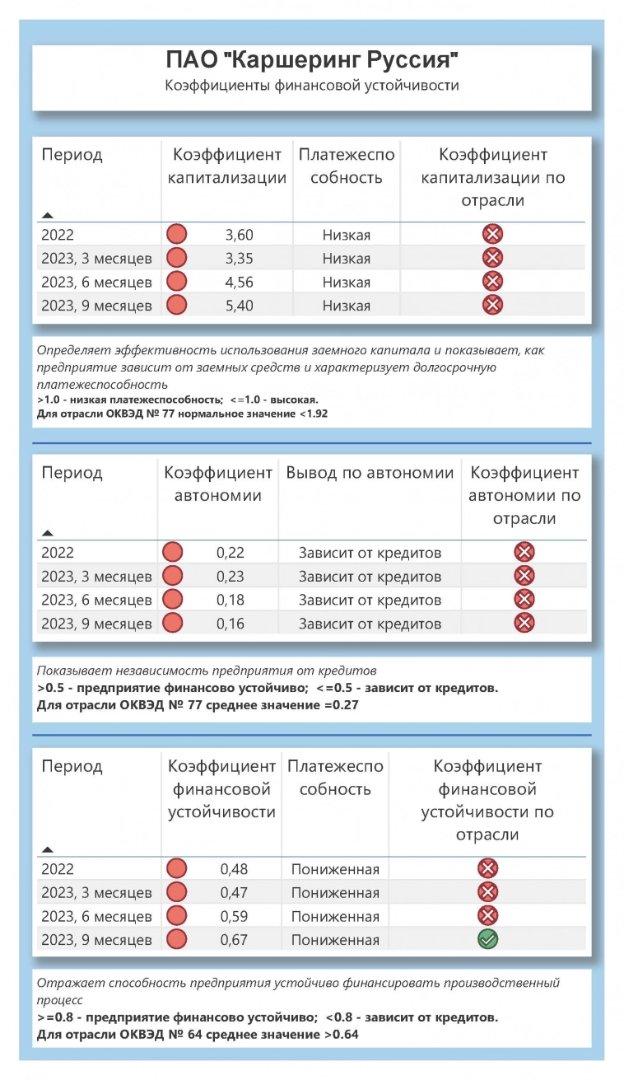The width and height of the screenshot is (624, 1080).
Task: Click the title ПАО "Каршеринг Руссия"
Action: click(x=311, y=61)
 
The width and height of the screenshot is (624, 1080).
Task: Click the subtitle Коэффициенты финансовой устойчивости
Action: click(x=311, y=85)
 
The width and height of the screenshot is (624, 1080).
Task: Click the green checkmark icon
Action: click(x=488, y=939)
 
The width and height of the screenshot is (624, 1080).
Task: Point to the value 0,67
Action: click(x=234, y=940)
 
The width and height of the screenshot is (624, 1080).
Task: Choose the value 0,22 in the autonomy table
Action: click(x=231, y=553)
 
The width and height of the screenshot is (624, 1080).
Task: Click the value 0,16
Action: click(x=231, y=624)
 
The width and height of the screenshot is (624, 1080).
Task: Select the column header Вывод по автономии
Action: click(x=370, y=473)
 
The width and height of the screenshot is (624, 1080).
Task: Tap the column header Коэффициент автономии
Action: click(x=218, y=484)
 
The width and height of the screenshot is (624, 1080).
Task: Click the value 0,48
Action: click(x=234, y=869)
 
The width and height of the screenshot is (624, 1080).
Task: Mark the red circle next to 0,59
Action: click(x=176, y=916)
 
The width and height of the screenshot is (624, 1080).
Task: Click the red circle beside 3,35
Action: click(x=177, y=259)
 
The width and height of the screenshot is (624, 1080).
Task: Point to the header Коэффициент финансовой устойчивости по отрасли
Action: click(x=487, y=801)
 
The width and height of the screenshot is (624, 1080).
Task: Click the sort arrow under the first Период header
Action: click(x=47, y=213)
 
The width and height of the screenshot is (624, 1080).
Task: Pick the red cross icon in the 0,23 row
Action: click(x=524, y=576)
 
